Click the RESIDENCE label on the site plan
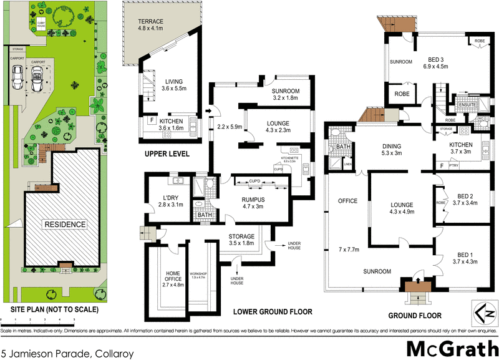(64, 223)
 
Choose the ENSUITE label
(467, 105)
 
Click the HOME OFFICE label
(169, 276)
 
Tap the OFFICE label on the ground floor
(347, 201)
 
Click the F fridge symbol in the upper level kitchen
(152, 120)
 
